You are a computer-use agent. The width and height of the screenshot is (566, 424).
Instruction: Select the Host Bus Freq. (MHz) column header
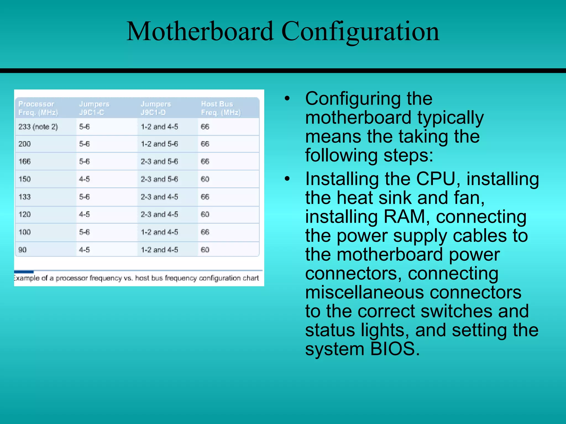tap(221, 108)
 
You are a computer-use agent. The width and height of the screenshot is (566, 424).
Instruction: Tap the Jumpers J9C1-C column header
tap(94, 108)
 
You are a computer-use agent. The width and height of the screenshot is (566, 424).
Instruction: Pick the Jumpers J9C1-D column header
tap(156, 108)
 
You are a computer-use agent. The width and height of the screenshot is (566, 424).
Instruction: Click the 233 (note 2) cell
tap(38, 127)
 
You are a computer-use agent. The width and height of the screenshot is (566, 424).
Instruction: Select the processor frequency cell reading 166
tap(25, 161)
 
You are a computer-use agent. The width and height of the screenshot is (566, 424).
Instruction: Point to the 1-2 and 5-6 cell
tap(159, 144)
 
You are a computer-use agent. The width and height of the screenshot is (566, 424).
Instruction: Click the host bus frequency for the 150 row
tap(205, 179)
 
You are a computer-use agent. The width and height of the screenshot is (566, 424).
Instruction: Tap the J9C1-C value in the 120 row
tap(84, 214)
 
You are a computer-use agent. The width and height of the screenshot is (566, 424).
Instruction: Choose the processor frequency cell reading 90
tap(22, 250)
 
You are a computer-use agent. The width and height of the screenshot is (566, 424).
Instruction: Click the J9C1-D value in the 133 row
tap(159, 197)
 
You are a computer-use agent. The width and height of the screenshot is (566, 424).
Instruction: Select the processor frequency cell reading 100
tap(25, 232)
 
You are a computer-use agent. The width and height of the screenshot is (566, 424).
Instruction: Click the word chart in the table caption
tap(251, 278)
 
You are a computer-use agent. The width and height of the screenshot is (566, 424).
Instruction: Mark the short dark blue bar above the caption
tap(24, 272)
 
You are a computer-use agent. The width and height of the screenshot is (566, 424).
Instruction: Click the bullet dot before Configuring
tap(287, 99)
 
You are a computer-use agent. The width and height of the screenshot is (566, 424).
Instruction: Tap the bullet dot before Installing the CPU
tap(287, 179)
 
